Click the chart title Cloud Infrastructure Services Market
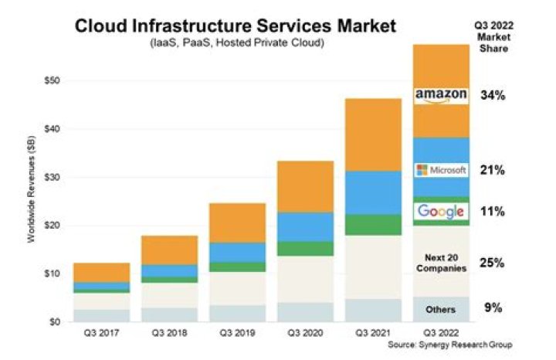235,25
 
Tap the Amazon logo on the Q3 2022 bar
441,95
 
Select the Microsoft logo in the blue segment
441,170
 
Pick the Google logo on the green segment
441,211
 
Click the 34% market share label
492,96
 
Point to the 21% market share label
492,170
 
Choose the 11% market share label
492,211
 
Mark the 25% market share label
492,263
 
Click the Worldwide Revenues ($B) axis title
32,200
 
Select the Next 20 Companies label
441,263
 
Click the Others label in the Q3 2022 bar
441,309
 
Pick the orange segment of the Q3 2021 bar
373,134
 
